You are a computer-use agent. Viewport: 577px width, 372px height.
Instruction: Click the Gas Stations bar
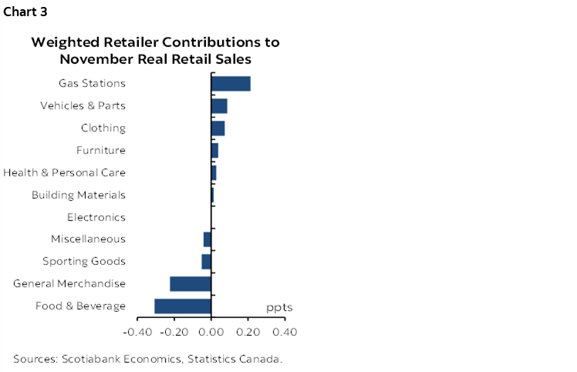click(231, 83)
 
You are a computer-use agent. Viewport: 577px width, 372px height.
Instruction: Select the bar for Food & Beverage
click(183, 306)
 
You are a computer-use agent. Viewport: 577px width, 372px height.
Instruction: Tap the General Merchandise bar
click(191, 283)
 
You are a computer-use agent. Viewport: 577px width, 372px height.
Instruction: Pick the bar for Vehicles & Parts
click(219, 106)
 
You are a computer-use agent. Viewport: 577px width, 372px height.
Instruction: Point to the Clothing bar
click(218, 128)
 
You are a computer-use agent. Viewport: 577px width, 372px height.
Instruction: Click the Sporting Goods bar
click(207, 261)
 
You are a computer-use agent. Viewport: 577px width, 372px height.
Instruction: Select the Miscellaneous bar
click(208, 240)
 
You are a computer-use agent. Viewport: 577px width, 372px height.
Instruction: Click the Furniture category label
click(100, 150)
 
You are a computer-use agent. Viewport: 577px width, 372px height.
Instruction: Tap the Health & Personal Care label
click(64, 173)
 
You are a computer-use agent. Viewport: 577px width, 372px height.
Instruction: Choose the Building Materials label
click(78, 195)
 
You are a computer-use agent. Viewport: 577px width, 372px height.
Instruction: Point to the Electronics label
click(96, 217)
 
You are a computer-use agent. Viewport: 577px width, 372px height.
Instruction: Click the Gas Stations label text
click(92, 83)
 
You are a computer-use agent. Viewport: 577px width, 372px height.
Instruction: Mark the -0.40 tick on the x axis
click(137, 332)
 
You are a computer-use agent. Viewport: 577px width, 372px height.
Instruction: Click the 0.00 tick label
click(211, 332)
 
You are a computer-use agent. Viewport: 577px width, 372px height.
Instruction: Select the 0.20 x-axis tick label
click(248, 332)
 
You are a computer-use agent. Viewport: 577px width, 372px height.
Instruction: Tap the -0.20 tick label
click(174, 332)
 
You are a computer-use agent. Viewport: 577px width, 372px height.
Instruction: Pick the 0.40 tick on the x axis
click(285, 332)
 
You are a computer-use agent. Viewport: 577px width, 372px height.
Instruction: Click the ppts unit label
click(279, 307)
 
